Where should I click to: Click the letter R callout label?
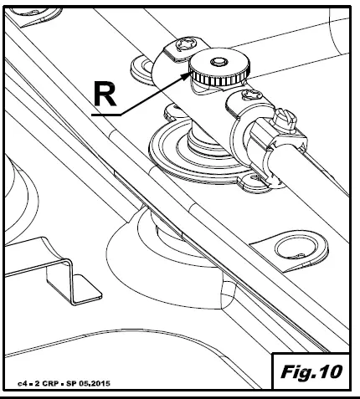coord(103,94)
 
